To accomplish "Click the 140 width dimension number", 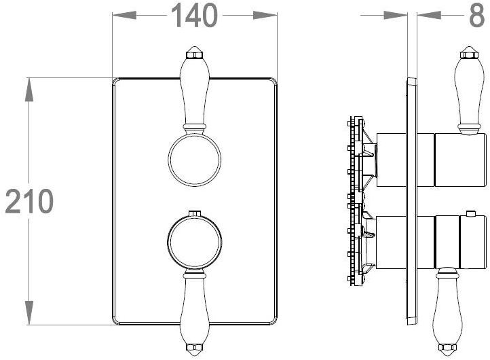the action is tap(194, 16).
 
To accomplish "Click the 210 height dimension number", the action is tap(29, 201).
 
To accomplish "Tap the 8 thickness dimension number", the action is tap(477, 16).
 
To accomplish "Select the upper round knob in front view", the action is tap(194, 160).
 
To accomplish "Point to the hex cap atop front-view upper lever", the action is tap(194, 52).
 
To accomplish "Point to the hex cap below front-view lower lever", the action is tap(194, 350).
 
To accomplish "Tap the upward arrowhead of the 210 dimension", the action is tap(29, 90).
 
